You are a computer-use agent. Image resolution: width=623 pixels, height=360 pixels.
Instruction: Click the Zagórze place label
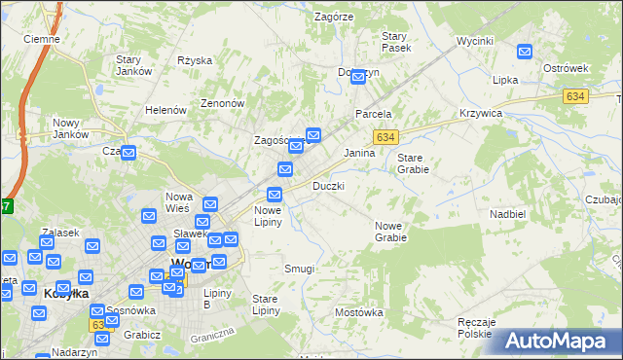334,17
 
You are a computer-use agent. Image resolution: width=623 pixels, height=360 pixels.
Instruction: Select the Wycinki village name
475,42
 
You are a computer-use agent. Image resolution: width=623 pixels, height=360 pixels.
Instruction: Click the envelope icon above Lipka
526,53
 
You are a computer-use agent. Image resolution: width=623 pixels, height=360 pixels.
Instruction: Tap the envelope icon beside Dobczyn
357,76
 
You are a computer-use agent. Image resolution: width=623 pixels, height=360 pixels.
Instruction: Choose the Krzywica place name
480,113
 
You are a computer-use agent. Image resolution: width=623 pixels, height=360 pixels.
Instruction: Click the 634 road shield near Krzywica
574,96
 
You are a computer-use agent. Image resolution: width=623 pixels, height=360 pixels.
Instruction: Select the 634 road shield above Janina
386,137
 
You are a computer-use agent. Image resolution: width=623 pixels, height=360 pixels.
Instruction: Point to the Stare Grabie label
413,162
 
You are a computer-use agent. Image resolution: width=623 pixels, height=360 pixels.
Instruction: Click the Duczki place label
328,185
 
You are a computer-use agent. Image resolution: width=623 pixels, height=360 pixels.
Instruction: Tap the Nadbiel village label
508,213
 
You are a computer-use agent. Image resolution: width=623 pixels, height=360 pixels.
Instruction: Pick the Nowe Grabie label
390,231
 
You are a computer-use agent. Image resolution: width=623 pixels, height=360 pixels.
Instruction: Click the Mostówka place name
359,312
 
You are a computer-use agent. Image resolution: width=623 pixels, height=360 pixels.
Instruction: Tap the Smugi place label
299,268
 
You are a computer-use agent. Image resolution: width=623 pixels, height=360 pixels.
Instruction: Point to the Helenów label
165,110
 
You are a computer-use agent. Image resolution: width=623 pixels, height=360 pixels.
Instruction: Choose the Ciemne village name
42,39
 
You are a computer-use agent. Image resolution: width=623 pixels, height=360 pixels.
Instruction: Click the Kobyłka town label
67,292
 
